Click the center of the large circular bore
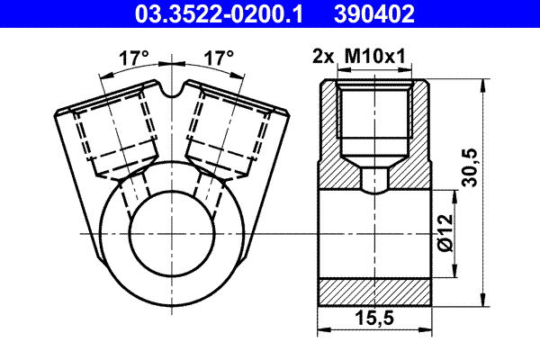170,232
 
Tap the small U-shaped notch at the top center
171,91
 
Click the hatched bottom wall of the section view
376,291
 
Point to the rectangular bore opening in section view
376,234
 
